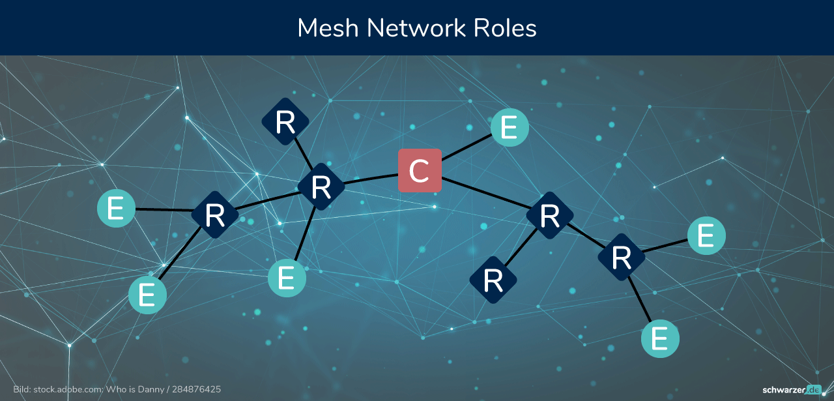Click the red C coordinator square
coord(420,171)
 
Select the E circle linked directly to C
coord(510,127)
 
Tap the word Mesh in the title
coord(328,28)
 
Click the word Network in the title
coord(416,28)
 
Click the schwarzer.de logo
coord(792,390)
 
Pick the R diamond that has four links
coord(321,186)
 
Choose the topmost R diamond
coord(285,121)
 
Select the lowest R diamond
coord(493,280)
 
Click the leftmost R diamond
coord(215,215)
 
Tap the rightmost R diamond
coord(622,257)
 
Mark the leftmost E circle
coord(116,209)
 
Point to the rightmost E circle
coord(706,235)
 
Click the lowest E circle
coord(660,339)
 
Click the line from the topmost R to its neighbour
coord(304,154)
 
